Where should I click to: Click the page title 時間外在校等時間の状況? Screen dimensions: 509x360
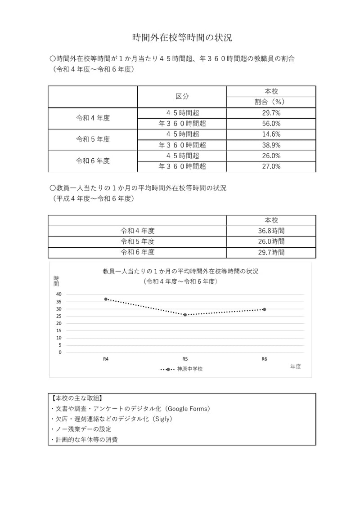(182, 38)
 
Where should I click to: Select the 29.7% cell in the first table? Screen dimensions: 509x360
(271, 112)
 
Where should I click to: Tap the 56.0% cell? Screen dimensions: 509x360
(271, 123)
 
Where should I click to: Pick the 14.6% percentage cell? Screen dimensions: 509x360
(271, 134)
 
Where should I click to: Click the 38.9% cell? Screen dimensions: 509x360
(271, 145)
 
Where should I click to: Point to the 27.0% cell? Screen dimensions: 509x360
(271, 166)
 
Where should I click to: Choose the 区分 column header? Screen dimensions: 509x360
(182, 96)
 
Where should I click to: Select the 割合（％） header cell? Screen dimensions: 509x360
(271, 102)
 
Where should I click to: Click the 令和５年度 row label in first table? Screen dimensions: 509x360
(93, 139)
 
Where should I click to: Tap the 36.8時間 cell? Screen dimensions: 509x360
(271, 231)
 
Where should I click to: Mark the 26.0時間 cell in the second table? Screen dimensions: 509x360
(271, 241)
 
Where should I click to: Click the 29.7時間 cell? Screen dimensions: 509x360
(271, 252)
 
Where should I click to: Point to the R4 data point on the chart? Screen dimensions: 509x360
(106, 299)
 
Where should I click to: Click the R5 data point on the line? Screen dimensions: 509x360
(185, 315)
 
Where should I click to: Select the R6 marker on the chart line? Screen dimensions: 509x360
(264, 309)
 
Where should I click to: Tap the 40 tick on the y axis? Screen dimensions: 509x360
(59, 294)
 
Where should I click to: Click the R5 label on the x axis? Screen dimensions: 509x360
(185, 359)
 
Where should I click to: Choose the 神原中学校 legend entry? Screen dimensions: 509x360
(189, 369)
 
